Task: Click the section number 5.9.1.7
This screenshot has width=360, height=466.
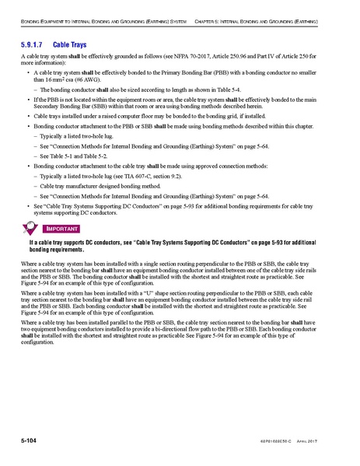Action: [34, 45]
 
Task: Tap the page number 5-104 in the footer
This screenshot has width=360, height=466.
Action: [32, 441]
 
